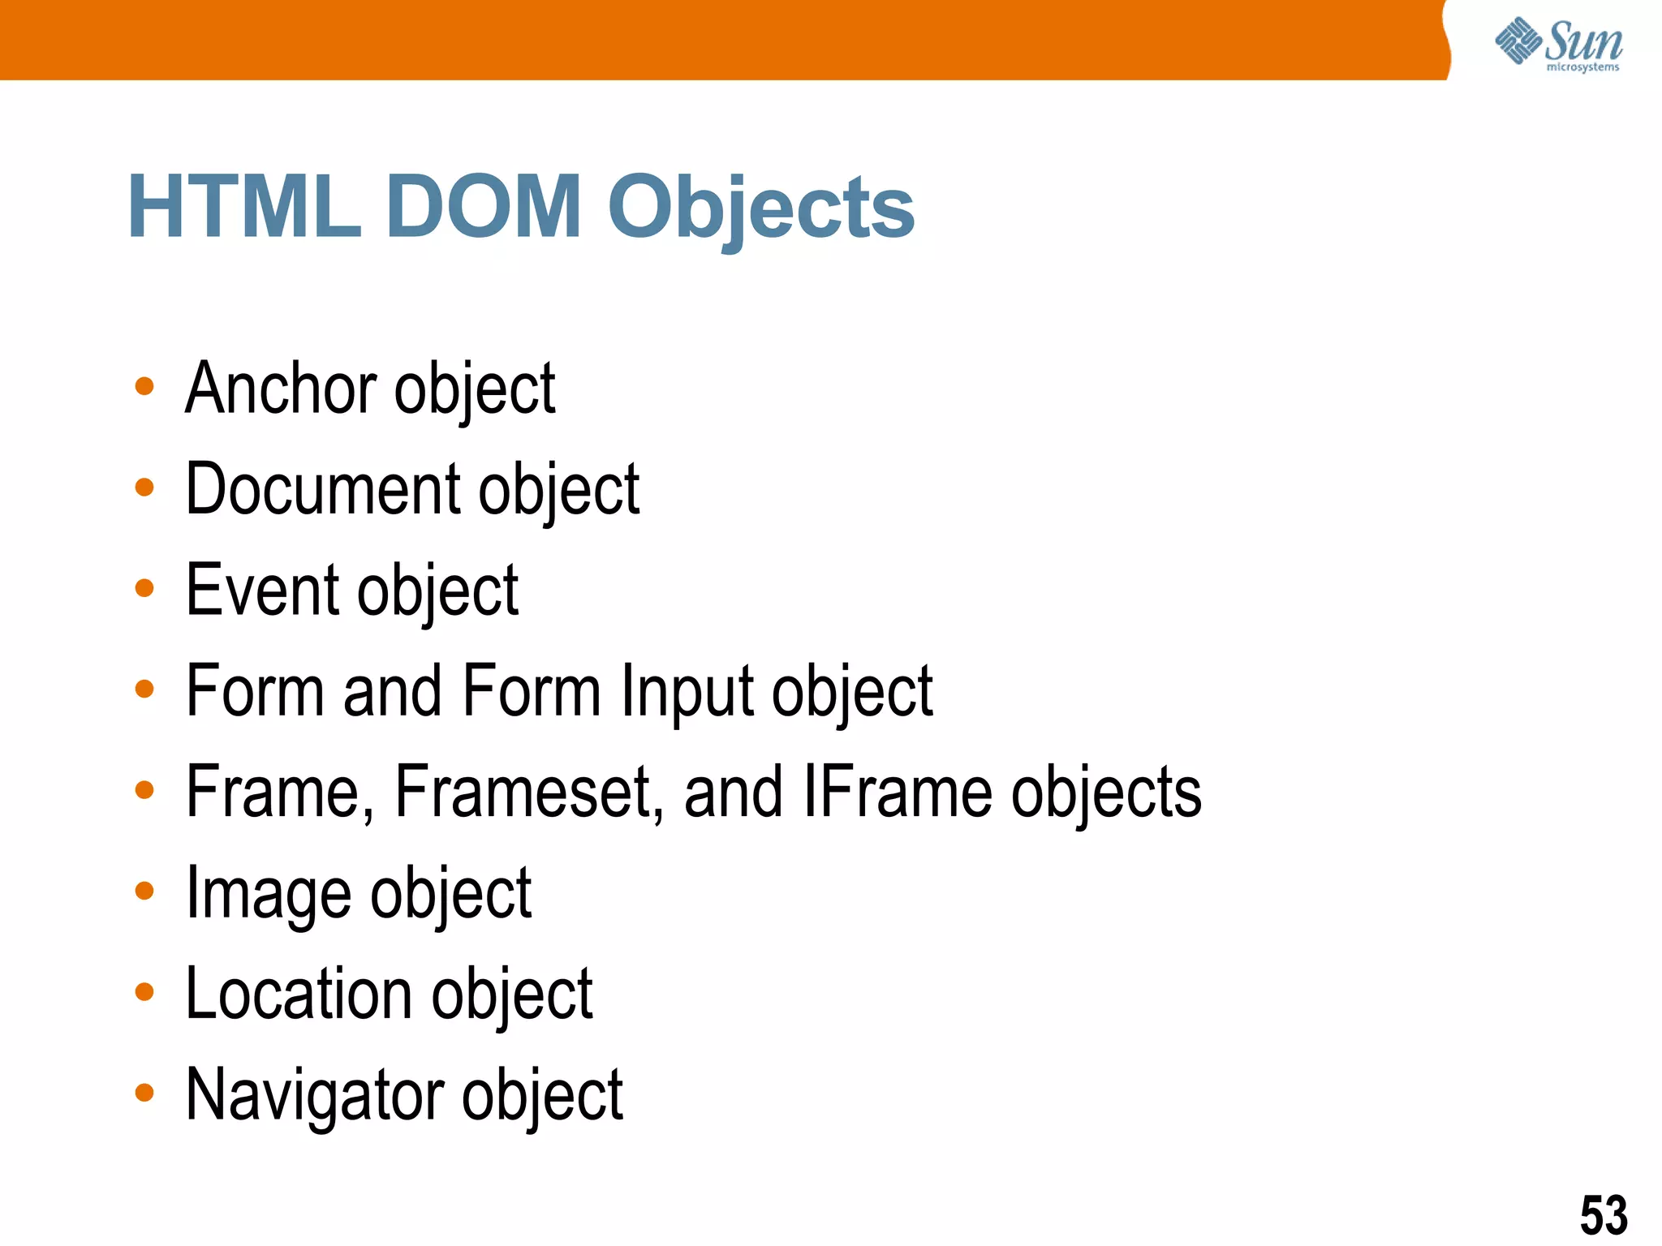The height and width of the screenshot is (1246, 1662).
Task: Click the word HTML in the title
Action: coord(243,207)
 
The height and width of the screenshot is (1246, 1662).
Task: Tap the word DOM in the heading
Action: coord(484,207)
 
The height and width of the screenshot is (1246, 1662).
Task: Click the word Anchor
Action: coord(281,389)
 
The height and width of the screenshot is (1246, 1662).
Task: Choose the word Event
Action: coord(262,590)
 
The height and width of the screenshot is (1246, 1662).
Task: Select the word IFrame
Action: coord(897,793)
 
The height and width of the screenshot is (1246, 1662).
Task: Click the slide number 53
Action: coord(1604,1215)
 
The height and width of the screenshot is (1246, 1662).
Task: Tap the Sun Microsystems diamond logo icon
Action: coord(1518,41)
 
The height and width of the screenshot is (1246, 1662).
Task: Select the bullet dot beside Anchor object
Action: coord(144,386)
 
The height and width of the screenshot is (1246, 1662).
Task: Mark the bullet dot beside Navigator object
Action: coord(144,1093)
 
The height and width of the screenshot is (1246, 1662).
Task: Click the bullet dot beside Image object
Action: coord(144,891)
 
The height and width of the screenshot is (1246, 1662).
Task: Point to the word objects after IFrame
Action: coord(1106,793)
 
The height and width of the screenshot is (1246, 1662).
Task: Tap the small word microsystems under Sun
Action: coord(1582,67)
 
